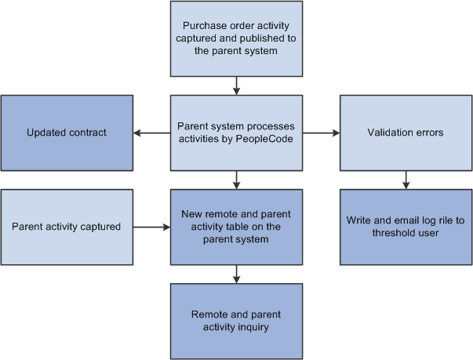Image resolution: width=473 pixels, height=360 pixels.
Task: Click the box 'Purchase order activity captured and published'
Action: (236, 38)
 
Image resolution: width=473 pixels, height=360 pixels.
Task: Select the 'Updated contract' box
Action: (66, 133)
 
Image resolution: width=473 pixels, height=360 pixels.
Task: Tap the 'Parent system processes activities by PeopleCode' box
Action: (236, 133)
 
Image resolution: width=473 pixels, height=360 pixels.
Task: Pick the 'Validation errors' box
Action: (405, 133)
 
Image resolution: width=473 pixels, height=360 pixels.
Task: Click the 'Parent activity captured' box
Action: (66, 227)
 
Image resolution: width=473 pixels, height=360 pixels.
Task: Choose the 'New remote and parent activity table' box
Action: (236, 227)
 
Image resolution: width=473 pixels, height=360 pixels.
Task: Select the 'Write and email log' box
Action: (405, 227)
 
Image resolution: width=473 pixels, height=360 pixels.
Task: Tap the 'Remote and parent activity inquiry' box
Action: (236, 321)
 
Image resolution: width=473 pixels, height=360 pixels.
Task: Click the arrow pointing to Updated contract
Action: (151, 133)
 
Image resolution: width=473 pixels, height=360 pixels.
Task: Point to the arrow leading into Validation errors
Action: (321, 133)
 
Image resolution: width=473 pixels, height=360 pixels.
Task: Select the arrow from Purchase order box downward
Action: (236, 85)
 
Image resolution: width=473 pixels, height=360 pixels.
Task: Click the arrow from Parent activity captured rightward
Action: (151, 227)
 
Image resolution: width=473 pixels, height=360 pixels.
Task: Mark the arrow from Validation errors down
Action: (405, 180)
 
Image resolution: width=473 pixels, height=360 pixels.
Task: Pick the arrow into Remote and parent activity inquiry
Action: (236, 274)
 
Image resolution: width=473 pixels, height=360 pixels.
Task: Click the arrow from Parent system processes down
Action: (236, 180)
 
